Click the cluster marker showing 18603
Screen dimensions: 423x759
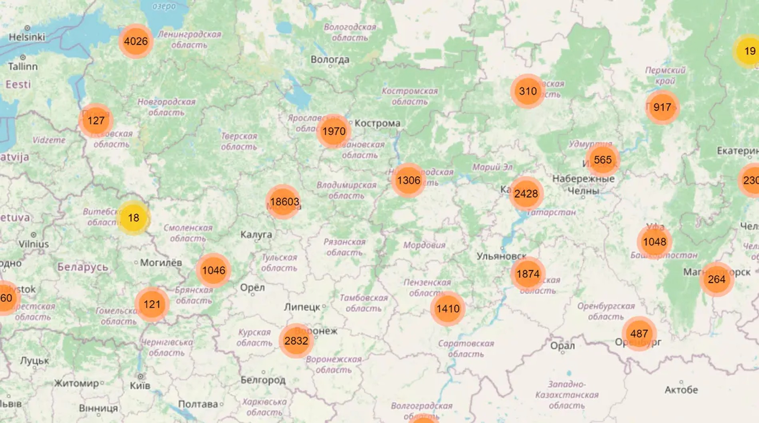pyautogui.click(x=284, y=202)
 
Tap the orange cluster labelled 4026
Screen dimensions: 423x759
pyautogui.click(x=136, y=41)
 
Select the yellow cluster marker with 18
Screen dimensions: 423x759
pyautogui.click(x=133, y=218)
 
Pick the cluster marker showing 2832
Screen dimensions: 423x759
pyautogui.click(x=296, y=341)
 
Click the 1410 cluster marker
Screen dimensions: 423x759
pyautogui.click(x=448, y=309)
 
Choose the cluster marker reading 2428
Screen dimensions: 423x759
pyautogui.click(x=526, y=194)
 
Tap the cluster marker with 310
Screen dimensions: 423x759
pyautogui.click(x=528, y=91)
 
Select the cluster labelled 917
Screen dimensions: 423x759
pyautogui.click(x=662, y=107)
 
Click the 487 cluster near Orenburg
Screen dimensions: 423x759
pyautogui.click(x=639, y=333)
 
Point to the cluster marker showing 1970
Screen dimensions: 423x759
pyautogui.click(x=334, y=131)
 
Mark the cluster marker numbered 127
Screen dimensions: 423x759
pyautogui.click(x=96, y=120)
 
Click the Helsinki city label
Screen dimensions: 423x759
pyautogui.click(x=27, y=37)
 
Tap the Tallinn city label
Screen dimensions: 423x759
pyautogui.click(x=23, y=66)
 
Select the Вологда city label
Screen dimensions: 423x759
pyautogui.click(x=330, y=60)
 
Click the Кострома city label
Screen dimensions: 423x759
pyautogui.click(x=377, y=123)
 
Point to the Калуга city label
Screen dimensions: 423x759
pyautogui.click(x=256, y=235)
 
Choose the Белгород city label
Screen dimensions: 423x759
pyautogui.click(x=263, y=380)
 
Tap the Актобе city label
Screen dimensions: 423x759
pyautogui.click(x=681, y=389)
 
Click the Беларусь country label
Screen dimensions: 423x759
pyautogui.click(x=83, y=267)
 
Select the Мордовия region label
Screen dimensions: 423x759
pyautogui.click(x=424, y=245)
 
